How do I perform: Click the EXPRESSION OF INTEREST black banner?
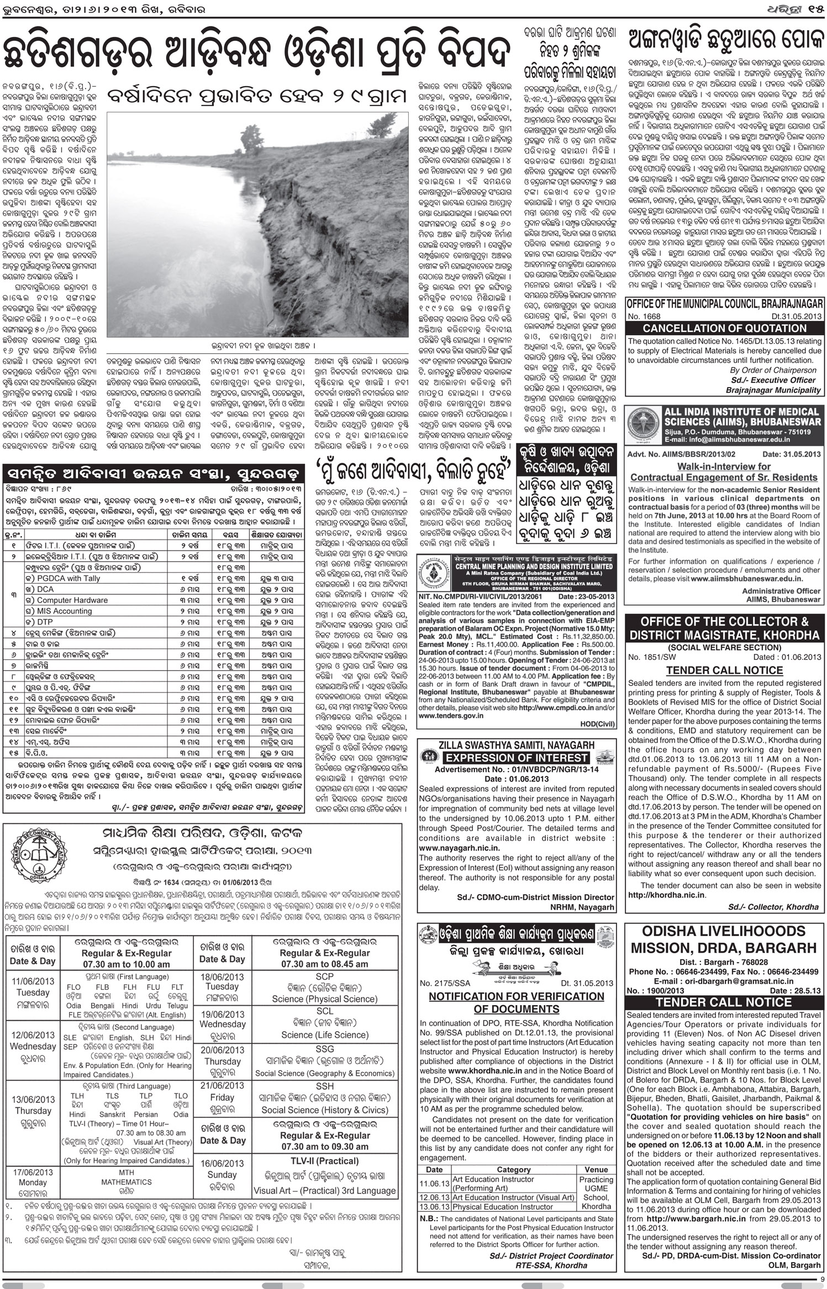click(x=517, y=758)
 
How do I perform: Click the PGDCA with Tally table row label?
click(x=69, y=578)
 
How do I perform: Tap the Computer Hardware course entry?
click(x=72, y=600)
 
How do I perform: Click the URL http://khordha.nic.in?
click(x=667, y=895)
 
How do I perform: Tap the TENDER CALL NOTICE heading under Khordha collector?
click(x=724, y=670)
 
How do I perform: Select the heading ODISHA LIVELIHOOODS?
click(x=724, y=931)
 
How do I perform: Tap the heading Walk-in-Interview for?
click(x=724, y=466)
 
